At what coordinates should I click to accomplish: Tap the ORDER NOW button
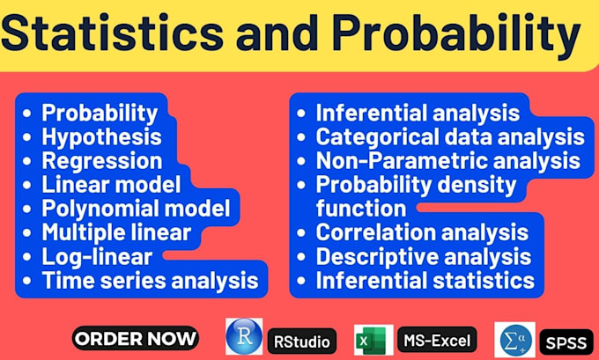click(x=135, y=338)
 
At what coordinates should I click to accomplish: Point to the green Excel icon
click(x=372, y=339)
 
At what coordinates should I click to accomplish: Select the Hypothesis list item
click(x=101, y=136)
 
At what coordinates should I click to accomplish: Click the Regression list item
click(x=102, y=161)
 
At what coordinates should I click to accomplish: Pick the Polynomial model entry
click(x=136, y=209)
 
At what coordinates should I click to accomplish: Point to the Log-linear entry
click(x=97, y=257)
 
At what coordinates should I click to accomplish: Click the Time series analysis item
click(x=150, y=281)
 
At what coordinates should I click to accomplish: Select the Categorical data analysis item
click(x=449, y=136)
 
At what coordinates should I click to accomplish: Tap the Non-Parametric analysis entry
click(x=447, y=160)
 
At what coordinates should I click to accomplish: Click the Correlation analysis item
click(x=422, y=232)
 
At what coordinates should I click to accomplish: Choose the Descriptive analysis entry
click(x=423, y=256)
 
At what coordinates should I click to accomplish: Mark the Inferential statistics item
click(x=425, y=280)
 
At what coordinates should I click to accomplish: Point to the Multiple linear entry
click(x=116, y=232)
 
